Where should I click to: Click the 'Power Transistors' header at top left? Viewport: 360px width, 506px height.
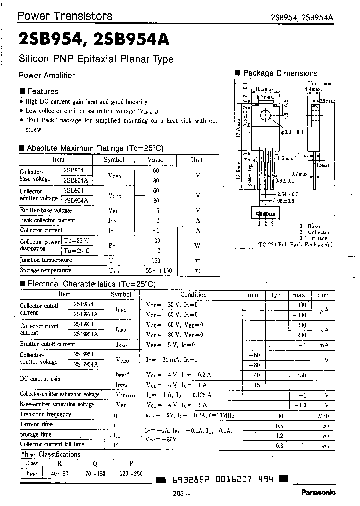[x=65, y=16]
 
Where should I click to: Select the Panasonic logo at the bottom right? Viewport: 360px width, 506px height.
[x=318, y=492]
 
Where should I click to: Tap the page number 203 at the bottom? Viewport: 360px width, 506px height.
[x=178, y=494]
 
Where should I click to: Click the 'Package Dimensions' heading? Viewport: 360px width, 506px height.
[x=280, y=73]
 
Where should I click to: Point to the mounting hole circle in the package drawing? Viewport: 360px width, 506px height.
[x=264, y=115]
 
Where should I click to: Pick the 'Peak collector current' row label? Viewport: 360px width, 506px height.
[x=47, y=220]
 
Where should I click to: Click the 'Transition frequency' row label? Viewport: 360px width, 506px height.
[x=46, y=414]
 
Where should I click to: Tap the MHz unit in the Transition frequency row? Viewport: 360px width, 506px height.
[x=323, y=415]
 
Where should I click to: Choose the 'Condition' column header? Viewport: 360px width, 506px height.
[x=193, y=295]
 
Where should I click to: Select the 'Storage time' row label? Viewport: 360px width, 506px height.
[x=36, y=434]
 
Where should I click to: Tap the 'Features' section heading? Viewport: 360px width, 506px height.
[x=42, y=91]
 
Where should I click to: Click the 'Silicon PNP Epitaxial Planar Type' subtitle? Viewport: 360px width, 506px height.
[x=96, y=59]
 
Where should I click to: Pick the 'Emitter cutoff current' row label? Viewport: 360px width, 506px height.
[x=47, y=344]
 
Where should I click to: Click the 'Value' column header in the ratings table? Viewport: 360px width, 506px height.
[x=155, y=160]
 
